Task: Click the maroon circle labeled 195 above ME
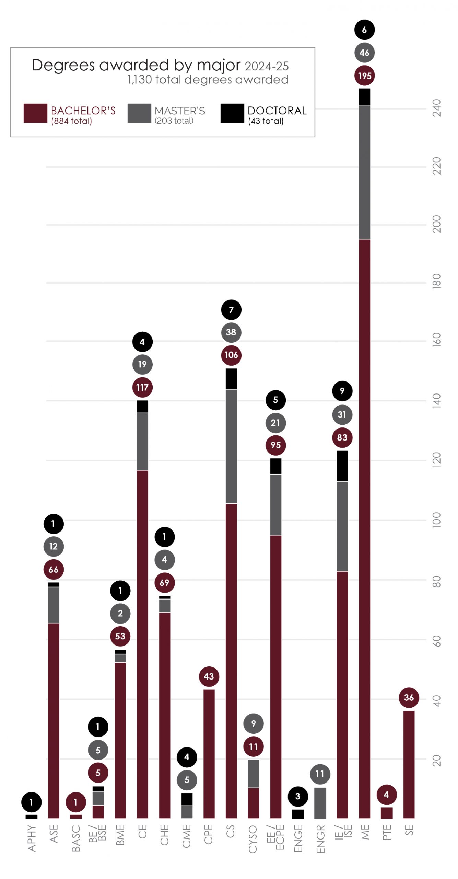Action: pyautogui.click(x=364, y=76)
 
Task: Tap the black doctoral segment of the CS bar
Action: pyautogui.click(x=231, y=378)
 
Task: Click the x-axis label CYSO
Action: pyautogui.click(x=253, y=839)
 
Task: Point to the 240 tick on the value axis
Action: pyautogui.click(x=436, y=108)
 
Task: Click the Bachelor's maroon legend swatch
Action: pyautogui.click(x=35, y=113)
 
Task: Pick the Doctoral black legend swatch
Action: pyautogui.click(x=232, y=113)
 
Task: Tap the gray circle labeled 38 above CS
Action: pyautogui.click(x=231, y=332)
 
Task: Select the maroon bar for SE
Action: pyautogui.click(x=409, y=764)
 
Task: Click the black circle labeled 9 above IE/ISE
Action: pyautogui.click(x=342, y=391)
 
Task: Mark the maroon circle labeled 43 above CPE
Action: pyautogui.click(x=209, y=676)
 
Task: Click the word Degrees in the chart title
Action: pyautogui.click(x=63, y=65)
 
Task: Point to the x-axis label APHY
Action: pyautogui.click(x=32, y=838)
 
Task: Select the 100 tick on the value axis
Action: pyautogui.click(x=436, y=520)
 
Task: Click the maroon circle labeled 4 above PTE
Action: pyautogui.click(x=386, y=795)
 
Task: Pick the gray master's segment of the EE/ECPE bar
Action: pyautogui.click(x=275, y=504)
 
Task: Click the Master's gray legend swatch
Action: pyautogui.click(x=139, y=113)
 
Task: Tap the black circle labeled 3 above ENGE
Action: pyautogui.click(x=297, y=796)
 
